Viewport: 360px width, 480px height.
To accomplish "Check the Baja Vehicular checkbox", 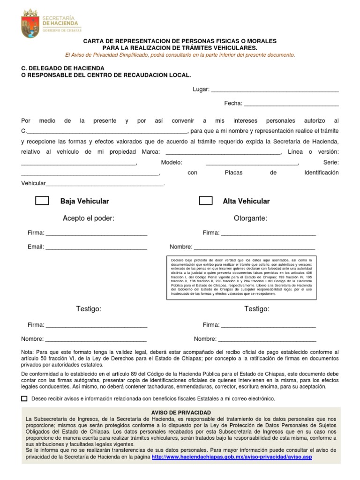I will click(x=42, y=201).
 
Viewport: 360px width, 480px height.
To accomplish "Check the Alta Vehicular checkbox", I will click(x=206, y=201).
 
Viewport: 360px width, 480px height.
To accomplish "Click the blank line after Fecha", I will click(x=291, y=104).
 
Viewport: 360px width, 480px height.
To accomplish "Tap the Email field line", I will click(x=96, y=247).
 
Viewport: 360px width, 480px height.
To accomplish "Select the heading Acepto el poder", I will click(x=89, y=218).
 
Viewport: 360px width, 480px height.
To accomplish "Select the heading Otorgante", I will click(x=250, y=218).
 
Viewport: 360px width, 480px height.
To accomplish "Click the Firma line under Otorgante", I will click(x=268, y=233).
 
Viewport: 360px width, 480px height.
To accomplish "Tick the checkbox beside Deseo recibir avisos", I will click(x=24, y=398).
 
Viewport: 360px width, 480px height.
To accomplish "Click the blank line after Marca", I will click(x=223, y=152).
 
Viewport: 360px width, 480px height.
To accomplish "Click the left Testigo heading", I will click(x=89, y=308).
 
